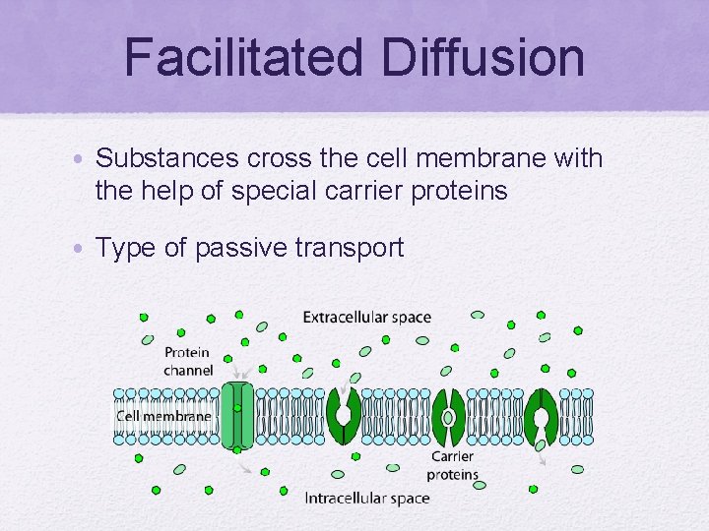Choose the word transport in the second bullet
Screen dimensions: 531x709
[350, 248]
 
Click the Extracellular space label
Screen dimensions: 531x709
[366, 317]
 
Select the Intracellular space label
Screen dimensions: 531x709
[366, 498]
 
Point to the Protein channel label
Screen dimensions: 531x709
[188, 362]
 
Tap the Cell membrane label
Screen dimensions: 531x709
[163, 416]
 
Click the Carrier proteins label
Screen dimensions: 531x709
[454, 465]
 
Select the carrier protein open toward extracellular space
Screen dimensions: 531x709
[344, 416]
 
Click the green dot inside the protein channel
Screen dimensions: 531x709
[237, 407]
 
